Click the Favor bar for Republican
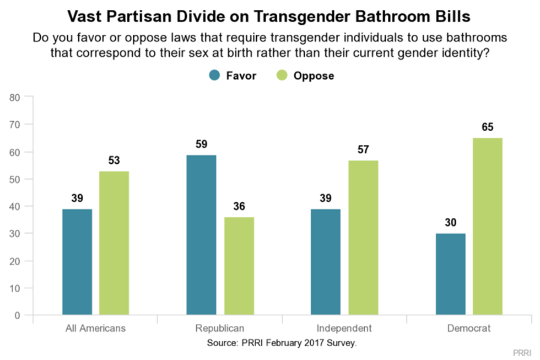201,235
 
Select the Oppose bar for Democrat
488,227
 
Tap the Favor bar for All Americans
77,262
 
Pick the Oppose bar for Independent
363,238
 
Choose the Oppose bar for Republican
239,266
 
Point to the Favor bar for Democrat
450,274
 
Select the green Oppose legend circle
282,76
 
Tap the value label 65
488,127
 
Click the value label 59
201,144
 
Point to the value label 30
450,222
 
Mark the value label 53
114,160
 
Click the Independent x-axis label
344,329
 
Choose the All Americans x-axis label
95,329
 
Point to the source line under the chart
282,343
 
